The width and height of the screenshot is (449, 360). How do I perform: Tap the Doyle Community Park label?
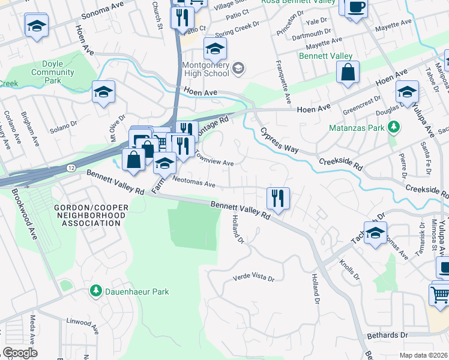pos(53,72)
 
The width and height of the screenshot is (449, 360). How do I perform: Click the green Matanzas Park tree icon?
pos(394,127)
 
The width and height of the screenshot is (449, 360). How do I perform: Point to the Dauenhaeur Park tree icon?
pos(95,291)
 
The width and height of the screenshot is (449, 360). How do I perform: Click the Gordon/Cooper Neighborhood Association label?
pos(87,215)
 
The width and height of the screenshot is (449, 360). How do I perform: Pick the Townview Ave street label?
pos(213,158)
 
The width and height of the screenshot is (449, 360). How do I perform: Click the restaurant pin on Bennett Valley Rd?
pos(278,198)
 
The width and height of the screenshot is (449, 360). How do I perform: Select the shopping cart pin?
pos(440,294)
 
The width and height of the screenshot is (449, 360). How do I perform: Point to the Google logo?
pos(20,352)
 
